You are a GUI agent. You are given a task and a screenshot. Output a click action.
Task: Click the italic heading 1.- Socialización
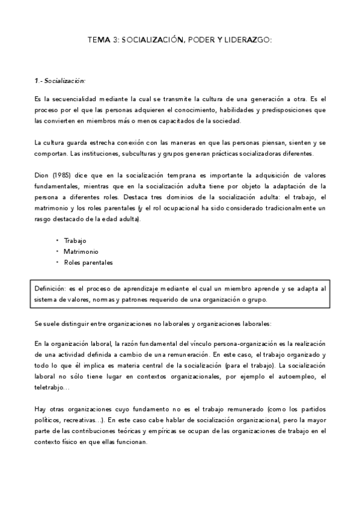(60, 80)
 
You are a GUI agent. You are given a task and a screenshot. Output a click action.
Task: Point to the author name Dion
(41, 175)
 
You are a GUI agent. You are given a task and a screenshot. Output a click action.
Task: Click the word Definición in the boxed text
(51, 289)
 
